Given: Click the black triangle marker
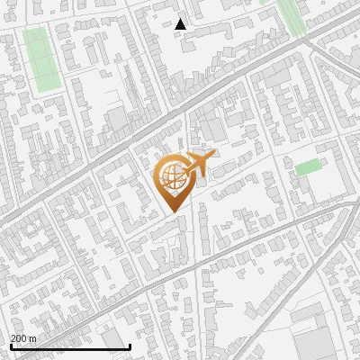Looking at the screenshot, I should click(181, 24).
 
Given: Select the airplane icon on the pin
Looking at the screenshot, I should click(200, 165).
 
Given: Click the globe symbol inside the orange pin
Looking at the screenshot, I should click(171, 176).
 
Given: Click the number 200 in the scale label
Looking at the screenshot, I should click(19, 338).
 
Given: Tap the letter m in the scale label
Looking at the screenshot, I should click(33, 338).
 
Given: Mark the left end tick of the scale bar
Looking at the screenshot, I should click(10, 346).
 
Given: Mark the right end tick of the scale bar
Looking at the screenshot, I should click(130, 346).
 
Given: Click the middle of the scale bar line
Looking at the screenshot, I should click(70, 347).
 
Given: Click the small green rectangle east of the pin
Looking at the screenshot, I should click(308, 167).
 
